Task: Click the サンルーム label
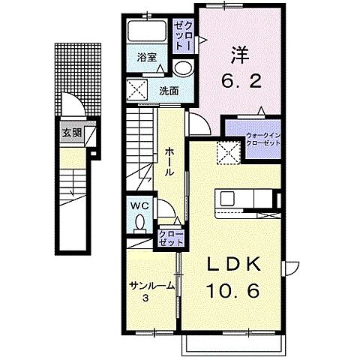[151, 286]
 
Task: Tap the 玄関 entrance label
[72, 135]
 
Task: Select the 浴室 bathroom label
[146, 57]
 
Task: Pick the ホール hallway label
[170, 160]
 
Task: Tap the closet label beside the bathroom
[184, 35]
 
